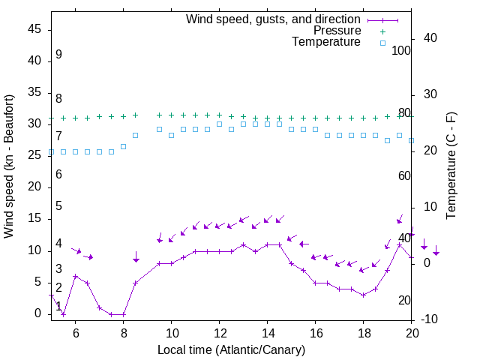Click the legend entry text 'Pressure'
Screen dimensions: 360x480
337,31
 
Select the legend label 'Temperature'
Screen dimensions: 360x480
326,42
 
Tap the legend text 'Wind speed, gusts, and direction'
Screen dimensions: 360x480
274,19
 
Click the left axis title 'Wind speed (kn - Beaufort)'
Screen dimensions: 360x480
9,166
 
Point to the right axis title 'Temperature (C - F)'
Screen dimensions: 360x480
451,166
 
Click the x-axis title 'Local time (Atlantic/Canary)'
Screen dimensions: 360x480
231,349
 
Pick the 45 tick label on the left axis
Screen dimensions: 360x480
34,28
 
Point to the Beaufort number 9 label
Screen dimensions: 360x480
58,55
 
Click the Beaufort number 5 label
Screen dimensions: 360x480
58,206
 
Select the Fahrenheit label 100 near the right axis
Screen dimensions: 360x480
401,50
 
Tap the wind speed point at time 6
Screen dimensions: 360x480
75,276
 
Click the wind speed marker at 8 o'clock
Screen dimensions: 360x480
123,314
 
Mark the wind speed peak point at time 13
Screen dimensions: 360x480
243,244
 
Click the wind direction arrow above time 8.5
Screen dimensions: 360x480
136,256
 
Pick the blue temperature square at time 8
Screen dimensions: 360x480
123,146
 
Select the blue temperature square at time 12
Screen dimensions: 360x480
219,124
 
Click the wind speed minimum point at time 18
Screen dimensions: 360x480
363,295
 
